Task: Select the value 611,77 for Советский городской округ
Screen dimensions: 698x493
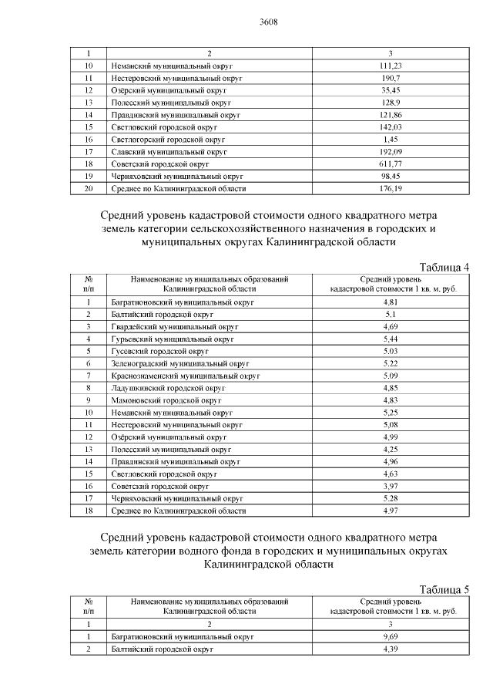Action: point(391,164)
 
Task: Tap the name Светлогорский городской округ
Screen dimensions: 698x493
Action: point(167,140)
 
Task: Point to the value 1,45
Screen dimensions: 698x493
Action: point(391,140)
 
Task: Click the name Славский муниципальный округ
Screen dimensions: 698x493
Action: point(166,152)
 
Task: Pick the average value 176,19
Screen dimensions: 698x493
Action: point(391,189)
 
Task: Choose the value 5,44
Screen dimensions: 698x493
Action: point(391,339)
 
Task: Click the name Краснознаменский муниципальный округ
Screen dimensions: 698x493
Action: point(186,376)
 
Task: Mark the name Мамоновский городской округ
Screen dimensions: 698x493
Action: point(166,400)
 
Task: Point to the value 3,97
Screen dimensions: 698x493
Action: point(391,486)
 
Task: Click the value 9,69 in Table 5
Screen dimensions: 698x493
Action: point(391,636)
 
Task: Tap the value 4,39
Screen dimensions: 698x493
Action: point(391,649)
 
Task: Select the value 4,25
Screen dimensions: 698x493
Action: point(391,449)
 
